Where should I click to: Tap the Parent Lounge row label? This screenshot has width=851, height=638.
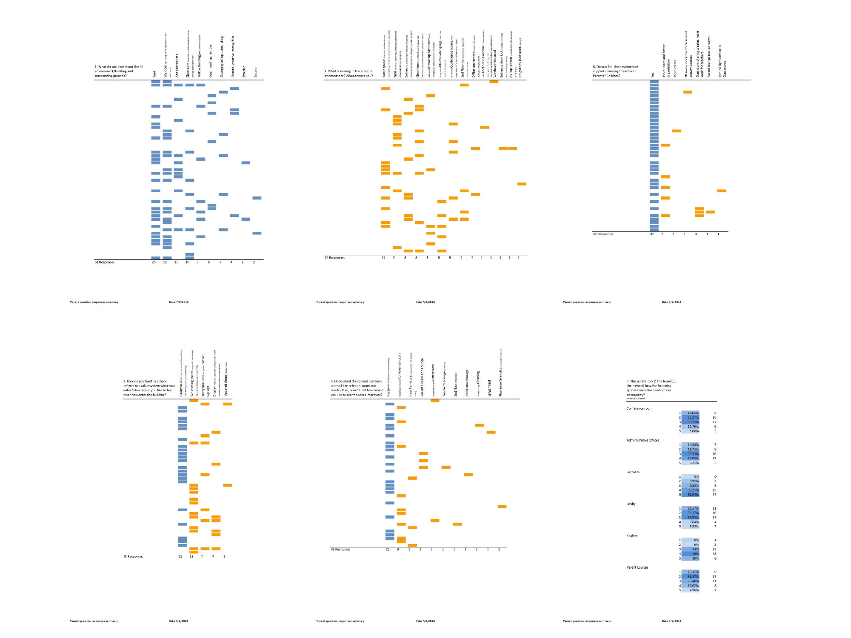637,567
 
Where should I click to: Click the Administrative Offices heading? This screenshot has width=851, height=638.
643,440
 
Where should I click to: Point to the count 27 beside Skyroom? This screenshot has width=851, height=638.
714,495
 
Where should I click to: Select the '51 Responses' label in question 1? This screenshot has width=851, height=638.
104,262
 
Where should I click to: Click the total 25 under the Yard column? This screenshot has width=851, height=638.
154,262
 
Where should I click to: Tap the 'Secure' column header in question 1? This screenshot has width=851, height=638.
256,72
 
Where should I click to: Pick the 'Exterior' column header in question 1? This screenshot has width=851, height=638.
244,71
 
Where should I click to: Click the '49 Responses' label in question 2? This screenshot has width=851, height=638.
334,258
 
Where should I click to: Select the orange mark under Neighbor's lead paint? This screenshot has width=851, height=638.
522,184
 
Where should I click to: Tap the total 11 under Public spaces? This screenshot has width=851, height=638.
383,258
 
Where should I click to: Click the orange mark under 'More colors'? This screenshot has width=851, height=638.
677,131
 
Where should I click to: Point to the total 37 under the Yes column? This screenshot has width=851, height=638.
652,234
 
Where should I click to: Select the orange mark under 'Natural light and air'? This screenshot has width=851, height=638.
721,191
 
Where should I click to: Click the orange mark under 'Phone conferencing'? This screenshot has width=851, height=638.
502,506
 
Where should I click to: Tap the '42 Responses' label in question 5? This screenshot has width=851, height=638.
340,550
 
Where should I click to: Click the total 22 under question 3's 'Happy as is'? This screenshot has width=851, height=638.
180,556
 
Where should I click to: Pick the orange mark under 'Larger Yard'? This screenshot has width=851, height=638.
491,432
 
